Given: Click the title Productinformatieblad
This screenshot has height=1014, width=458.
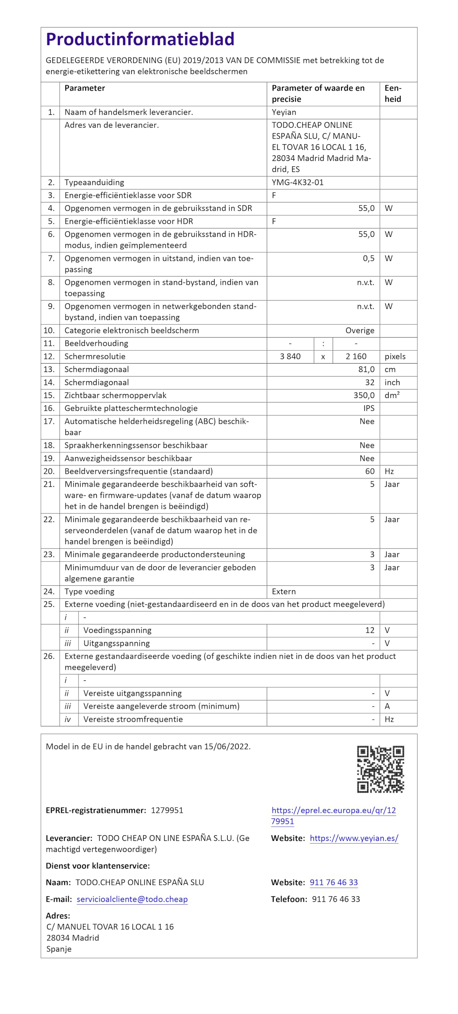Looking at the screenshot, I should coord(140,39).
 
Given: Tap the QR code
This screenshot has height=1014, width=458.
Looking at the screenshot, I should coord(380,769).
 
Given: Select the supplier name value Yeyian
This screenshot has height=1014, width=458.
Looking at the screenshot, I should coord(284,112).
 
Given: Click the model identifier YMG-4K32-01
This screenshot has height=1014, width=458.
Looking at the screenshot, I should coord(297,182).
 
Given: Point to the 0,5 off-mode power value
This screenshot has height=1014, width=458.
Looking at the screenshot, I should coord(368,258).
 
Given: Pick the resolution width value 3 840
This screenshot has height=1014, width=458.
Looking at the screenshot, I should coord(290,356).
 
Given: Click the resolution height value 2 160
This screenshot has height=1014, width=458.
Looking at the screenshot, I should coord(356,356).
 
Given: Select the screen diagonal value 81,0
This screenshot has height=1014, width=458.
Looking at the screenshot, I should coord(366,370).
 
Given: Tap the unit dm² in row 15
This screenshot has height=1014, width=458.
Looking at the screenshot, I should coord(392,395).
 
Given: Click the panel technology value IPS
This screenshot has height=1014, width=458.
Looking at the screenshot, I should coord(369,408).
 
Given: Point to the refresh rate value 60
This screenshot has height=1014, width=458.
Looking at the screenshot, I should coord(370,471).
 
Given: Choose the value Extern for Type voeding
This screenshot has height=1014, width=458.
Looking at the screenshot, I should coord(284,591).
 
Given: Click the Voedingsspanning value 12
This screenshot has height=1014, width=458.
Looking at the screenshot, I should coord(370,630).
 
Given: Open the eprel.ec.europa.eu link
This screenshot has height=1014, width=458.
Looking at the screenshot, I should coord(333,816).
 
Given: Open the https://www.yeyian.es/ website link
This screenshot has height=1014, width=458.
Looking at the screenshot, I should coord(354,838).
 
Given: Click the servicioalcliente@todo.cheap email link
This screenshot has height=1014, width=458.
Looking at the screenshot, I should coord(132,899).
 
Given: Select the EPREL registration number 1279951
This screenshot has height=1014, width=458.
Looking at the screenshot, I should coord(167,810).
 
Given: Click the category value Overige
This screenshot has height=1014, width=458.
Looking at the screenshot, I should coord(360,330).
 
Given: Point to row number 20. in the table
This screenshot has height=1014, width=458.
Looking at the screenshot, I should coord(49,471).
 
